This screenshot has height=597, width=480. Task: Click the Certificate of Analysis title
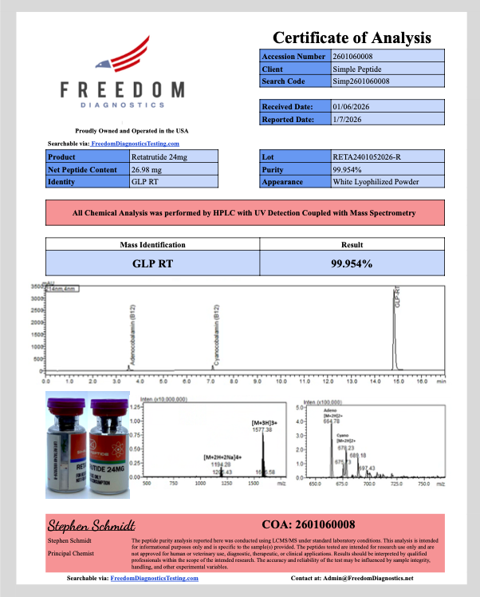pos(352,38)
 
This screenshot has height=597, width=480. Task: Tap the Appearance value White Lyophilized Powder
pos(376,181)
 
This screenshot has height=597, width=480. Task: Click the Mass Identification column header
pos(152,245)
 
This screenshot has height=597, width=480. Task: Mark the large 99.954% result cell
pos(352,263)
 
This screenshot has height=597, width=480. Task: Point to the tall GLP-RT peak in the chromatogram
pos(394,327)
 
